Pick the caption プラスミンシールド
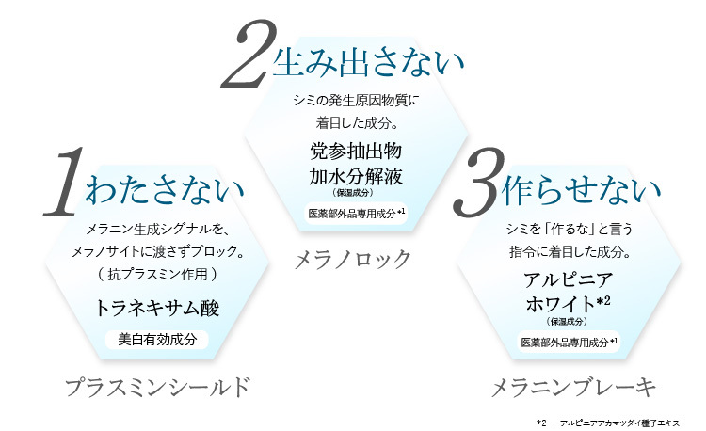pyautogui.click(x=158, y=386)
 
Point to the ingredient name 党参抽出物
pyautogui.click(x=356, y=151)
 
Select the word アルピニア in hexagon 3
pyautogui.click(x=568, y=280)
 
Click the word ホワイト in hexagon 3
pyautogui.click(x=562, y=303)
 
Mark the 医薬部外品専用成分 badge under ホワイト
pyautogui.click(x=569, y=341)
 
